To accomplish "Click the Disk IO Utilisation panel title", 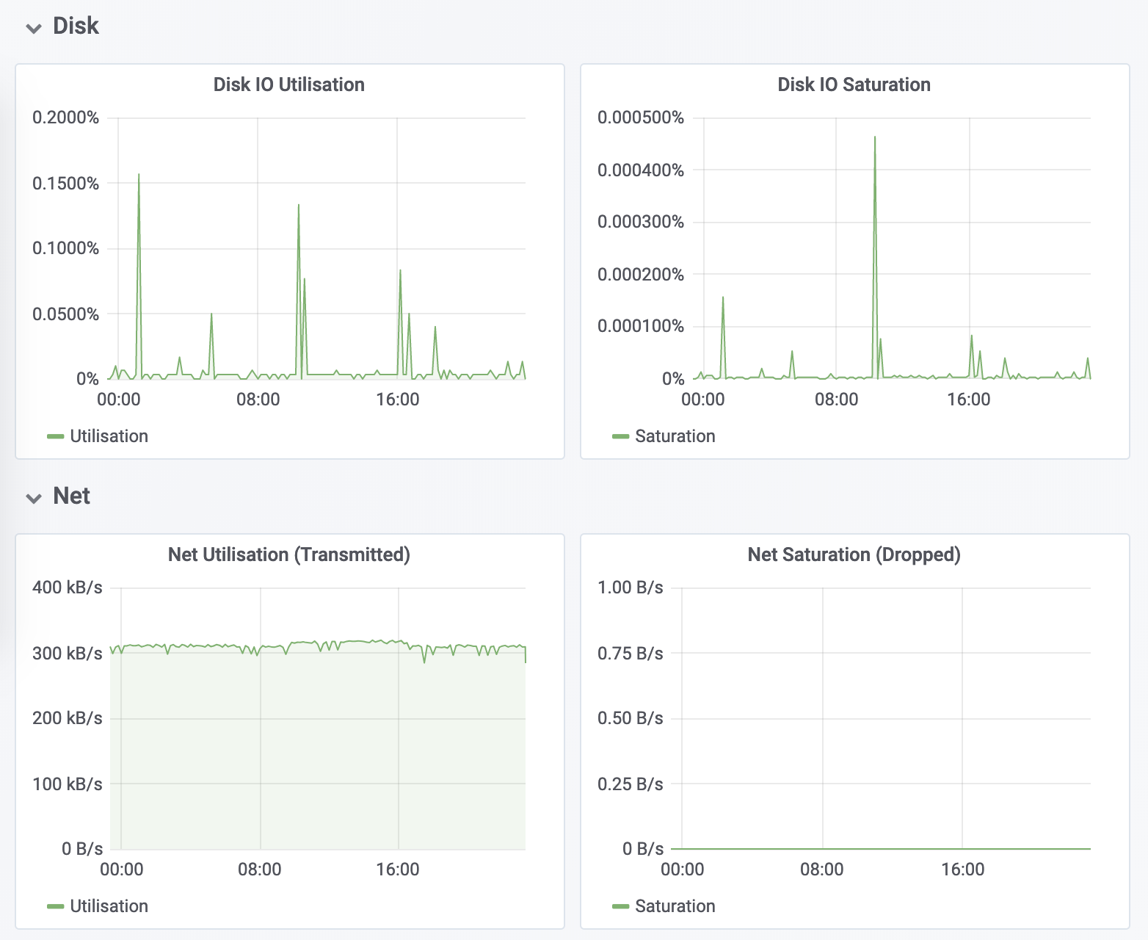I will point(288,84).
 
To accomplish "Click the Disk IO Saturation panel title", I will point(854,84).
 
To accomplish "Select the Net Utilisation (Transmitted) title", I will point(288,554).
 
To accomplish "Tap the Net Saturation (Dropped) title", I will point(854,554).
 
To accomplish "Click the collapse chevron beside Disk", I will point(34,28).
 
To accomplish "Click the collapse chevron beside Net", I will point(34,498).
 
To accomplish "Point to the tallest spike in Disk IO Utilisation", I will point(139,176).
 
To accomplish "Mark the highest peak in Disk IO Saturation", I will point(875,137).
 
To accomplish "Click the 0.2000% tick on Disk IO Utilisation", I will point(65,117).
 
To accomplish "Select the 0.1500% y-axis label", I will point(65,184).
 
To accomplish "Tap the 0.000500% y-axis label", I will point(640,117).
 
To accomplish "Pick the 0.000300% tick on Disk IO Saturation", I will point(640,222).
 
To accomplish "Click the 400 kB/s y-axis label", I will point(67,587).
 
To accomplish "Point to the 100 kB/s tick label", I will point(67,784).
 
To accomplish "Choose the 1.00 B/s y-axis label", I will point(630,587).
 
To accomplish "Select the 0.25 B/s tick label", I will point(630,784).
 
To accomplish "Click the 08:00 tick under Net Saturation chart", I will point(821,869).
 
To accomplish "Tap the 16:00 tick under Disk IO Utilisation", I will point(397,399).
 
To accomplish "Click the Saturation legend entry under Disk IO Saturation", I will point(674,436).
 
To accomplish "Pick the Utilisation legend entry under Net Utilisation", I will point(109,906).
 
